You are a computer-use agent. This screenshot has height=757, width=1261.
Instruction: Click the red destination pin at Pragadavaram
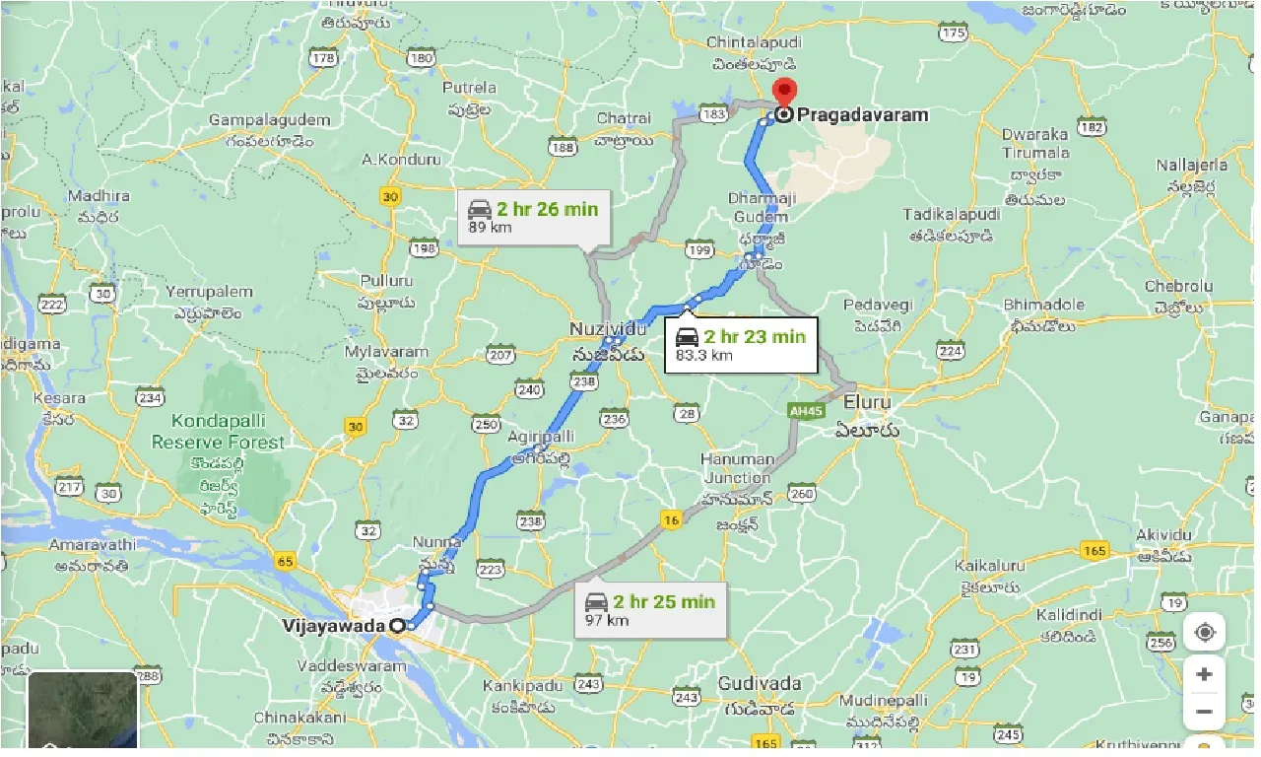coord(784,93)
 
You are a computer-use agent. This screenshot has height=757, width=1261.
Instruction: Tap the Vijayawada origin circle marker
coord(397,626)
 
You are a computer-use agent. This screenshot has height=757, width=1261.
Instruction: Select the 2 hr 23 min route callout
coord(741,345)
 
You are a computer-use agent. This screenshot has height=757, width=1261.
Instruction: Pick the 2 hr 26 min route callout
coord(534,217)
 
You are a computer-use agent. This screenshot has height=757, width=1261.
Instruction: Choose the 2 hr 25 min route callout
coord(650,610)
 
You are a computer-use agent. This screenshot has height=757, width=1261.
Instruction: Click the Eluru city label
coord(866,402)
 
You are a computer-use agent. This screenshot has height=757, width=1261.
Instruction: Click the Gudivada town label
coord(760,683)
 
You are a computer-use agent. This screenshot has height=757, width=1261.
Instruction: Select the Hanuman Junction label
coord(737,469)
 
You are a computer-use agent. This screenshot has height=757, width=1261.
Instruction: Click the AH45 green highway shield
coord(806,410)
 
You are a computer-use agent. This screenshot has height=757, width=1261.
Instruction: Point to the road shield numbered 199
coord(700,250)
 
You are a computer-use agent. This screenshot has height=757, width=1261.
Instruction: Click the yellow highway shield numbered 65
coord(286,562)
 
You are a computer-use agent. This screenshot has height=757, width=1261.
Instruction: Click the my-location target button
coord(1204,632)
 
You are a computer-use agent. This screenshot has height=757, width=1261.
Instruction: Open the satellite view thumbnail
coord(83,712)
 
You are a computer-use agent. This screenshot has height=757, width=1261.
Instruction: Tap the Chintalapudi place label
coord(755,42)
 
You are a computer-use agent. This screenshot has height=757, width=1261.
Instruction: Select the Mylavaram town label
coord(386,352)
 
